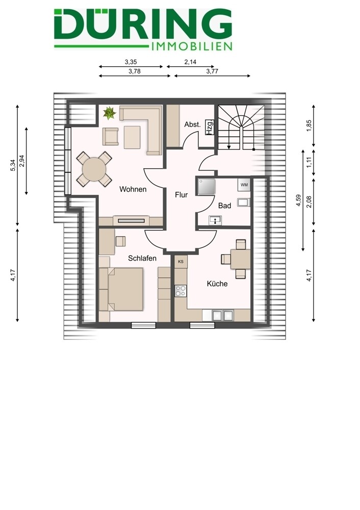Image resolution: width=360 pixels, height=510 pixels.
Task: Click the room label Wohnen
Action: tap(133, 189)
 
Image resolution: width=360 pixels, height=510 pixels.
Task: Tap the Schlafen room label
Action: tap(142, 258)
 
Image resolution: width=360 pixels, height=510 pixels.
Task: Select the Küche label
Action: tap(217, 284)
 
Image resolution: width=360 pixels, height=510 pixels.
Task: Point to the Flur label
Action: tap(181, 195)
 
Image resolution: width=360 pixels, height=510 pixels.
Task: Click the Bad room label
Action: tap(224, 206)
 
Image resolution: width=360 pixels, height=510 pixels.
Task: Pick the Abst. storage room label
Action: tap(193, 124)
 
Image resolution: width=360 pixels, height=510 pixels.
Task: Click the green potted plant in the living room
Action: tap(110, 113)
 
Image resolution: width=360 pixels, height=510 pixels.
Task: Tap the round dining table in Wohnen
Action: tap(94, 169)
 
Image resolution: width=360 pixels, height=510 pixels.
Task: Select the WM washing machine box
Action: tap(244, 185)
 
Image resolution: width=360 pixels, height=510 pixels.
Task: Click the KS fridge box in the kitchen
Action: tap(181, 262)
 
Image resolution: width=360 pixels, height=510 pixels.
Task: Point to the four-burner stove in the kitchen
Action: tap(181, 291)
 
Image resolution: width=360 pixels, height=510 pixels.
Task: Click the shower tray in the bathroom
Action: tap(206, 187)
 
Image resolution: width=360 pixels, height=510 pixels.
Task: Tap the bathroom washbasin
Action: tap(215, 220)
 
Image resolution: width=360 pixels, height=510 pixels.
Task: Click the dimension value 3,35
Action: tap(131, 62)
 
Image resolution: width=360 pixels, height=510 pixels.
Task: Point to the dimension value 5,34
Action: tap(13, 165)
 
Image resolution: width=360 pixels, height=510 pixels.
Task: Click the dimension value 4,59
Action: tap(298, 200)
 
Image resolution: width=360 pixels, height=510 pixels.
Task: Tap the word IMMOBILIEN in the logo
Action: tap(192, 46)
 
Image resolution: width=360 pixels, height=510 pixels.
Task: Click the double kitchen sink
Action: tap(223, 315)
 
